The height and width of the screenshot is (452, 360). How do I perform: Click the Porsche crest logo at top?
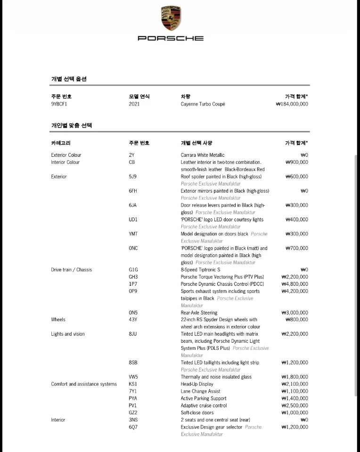tap(171, 19)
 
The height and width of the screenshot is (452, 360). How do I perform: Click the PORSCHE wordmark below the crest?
tap(171, 38)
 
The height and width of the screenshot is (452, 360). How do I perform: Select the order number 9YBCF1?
tap(59, 104)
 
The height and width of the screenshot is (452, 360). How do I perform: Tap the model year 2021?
tap(134, 104)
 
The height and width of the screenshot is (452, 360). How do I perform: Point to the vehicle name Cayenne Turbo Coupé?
tap(203, 104)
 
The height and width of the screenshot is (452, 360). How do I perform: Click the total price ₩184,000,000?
tap(292, 104)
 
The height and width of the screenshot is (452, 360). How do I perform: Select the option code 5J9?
tap(133, 177)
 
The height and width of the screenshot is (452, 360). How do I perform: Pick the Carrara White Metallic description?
tap(203, 155)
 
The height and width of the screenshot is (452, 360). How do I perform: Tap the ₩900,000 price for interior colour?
tap(297, 162)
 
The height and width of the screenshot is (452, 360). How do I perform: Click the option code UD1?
tap(133, 219)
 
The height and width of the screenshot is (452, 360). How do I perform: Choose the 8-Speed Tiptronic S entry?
tap(200, 270)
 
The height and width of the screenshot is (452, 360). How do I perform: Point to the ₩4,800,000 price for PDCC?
tap(295, 284)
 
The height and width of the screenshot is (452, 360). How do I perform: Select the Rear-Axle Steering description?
tap(199, 313)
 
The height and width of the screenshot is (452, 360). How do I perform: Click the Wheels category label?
tap(58, 320)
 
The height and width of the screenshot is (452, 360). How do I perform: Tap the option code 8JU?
tap(133, 334)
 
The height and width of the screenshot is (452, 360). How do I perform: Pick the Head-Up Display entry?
tap(197, 384)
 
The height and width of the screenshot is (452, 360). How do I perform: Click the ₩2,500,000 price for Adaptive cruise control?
tap(295, 405)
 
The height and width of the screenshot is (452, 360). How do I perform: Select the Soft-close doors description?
tap(197, 412)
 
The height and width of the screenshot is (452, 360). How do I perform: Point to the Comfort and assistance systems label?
tap(84, 384)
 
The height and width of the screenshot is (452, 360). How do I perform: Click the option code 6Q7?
tap(133, 427)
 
